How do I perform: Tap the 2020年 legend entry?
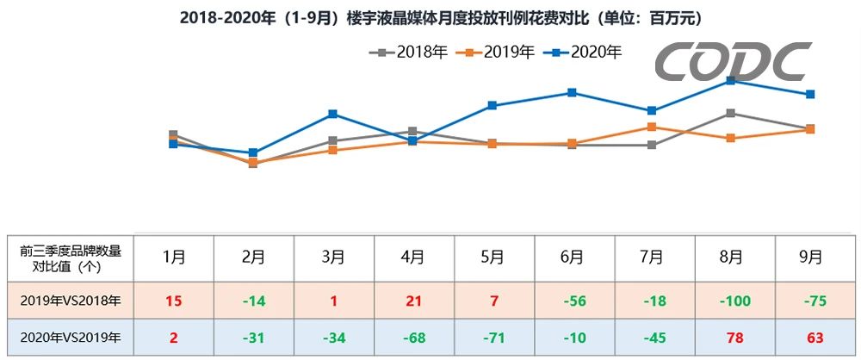583,53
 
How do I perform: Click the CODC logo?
733,63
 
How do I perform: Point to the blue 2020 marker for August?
730,80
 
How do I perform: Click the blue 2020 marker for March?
332,114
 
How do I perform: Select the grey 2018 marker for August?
730,113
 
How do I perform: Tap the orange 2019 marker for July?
652,127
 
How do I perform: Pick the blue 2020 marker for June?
572,92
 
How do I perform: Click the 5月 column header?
492,257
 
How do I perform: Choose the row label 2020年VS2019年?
71,337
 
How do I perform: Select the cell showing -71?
492,337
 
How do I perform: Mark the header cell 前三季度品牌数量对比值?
71,257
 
